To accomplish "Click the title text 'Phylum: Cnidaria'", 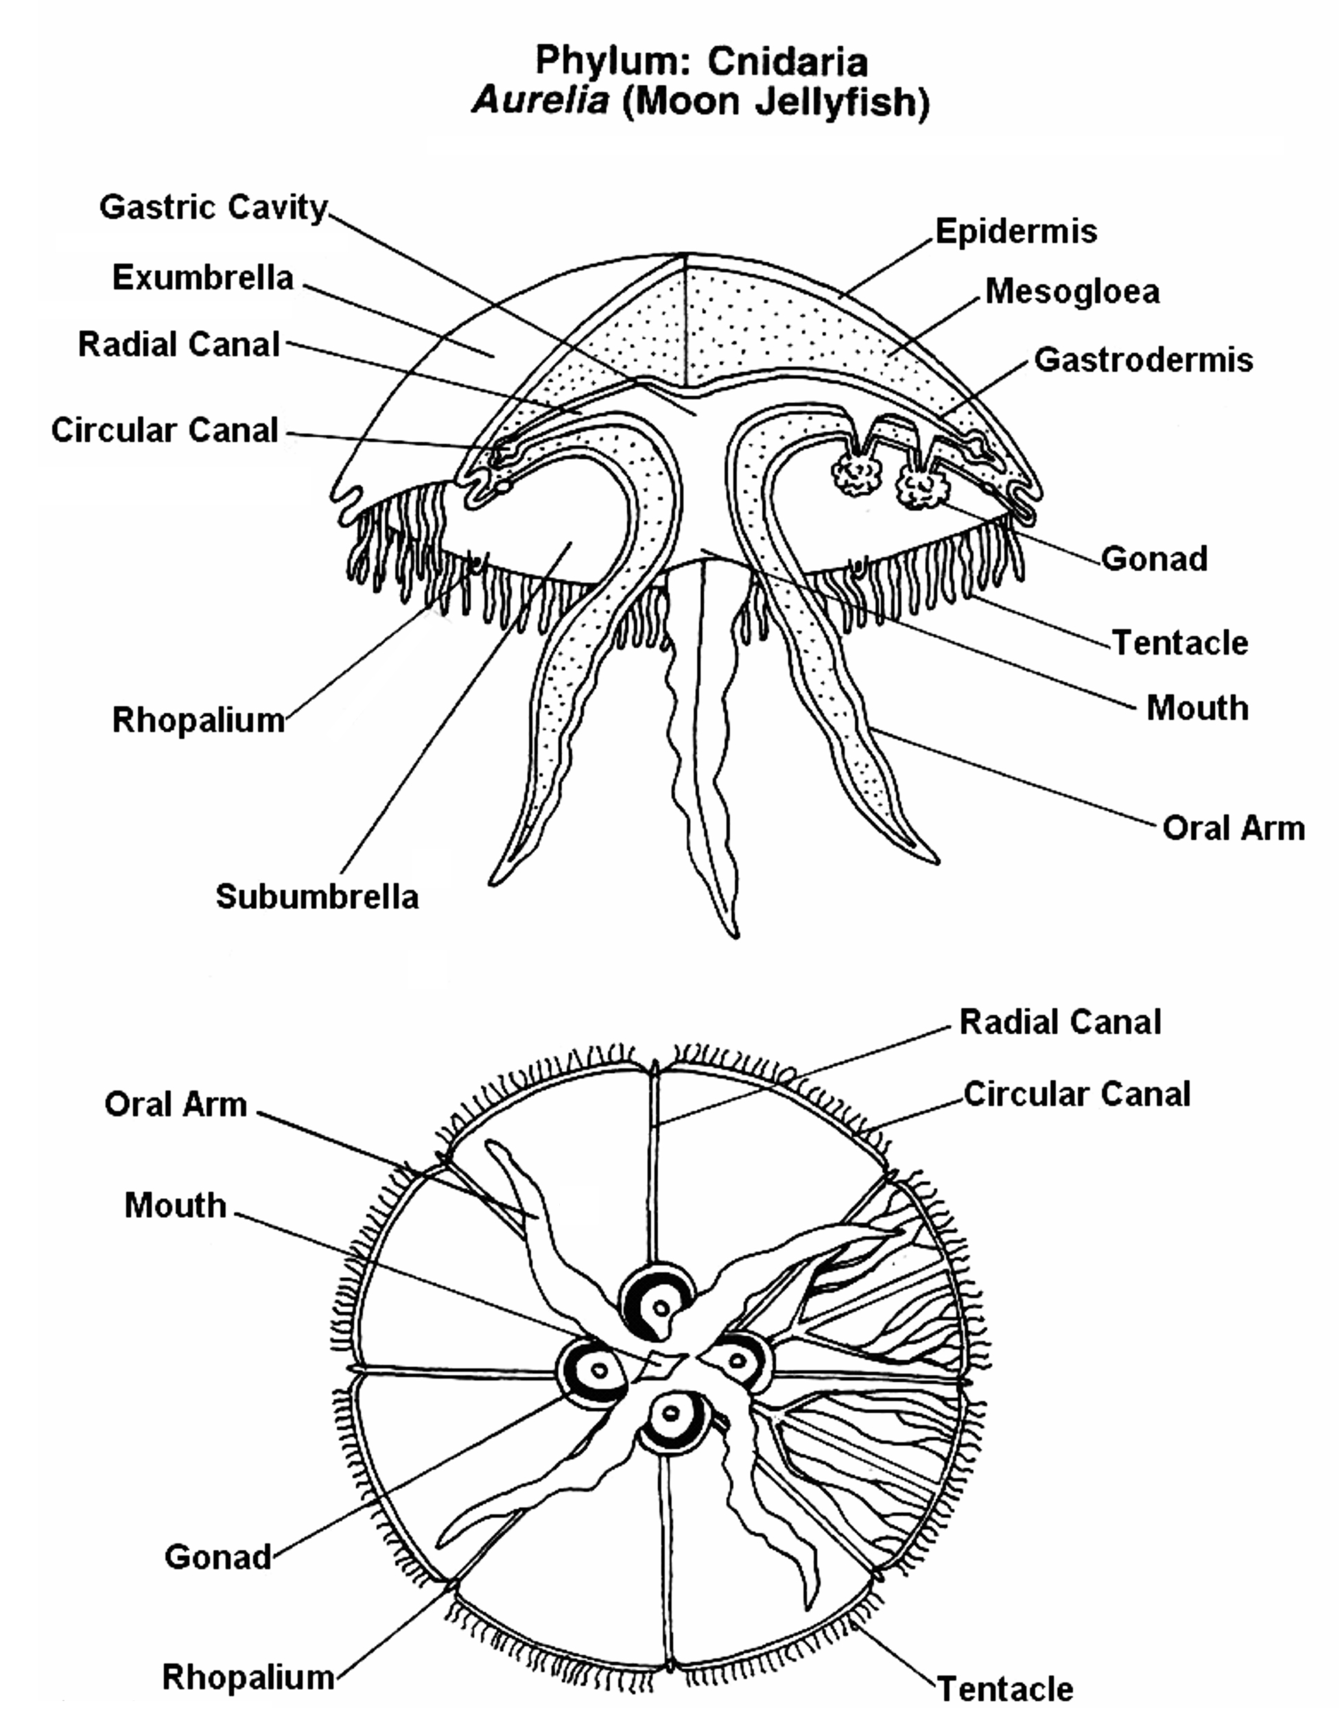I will click(x=701, y=62).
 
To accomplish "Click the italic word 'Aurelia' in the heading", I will click(x=541, y=102).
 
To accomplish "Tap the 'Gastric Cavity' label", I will click(x=213, y=207).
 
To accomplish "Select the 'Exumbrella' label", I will click(x=203, y=278).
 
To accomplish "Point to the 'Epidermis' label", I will click(x=1016, y=231).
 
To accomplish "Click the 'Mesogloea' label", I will click(x=1072, y=291).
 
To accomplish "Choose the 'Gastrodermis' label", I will click(x=1143, y=360).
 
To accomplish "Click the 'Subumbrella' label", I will click(x=316, y=897).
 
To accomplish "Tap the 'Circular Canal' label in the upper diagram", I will click(x=165, y=431).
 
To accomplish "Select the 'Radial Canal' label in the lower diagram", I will click(x=1059, y=1022).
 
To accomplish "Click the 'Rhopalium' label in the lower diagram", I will click(x=248, y=1677).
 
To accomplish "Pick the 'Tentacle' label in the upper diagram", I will click(x=1179, y=643).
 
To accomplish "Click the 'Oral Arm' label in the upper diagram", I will click(x=1233, y=828).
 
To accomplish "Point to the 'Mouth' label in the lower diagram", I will click(x=175, y=1206).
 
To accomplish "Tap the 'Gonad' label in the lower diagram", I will click(x=217, y=1558).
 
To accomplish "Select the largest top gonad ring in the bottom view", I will click(x=657, y=1304).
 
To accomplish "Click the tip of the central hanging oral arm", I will click(x=735, y=935).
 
